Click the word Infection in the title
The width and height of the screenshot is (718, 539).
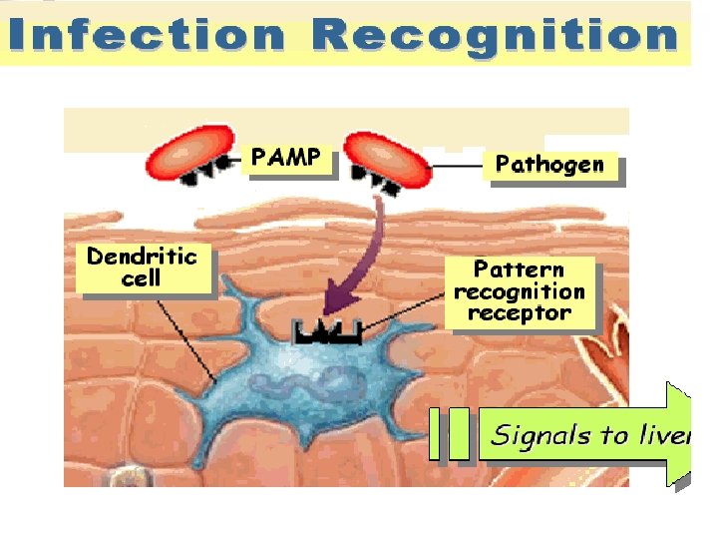pos(148,36)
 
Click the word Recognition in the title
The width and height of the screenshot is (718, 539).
pos(495,36)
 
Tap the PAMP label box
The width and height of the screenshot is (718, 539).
pos(286,158)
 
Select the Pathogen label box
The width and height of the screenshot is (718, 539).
pos(549,165)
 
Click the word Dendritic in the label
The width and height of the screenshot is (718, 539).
pos(142,257)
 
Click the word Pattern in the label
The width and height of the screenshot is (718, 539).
pos(519,269)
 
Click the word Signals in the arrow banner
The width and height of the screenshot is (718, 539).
pos(538,435)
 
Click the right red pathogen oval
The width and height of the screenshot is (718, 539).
pos(391,158)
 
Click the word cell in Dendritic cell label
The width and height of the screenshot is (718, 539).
pos(142,279)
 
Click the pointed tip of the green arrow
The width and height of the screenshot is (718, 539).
pos(691,435)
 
